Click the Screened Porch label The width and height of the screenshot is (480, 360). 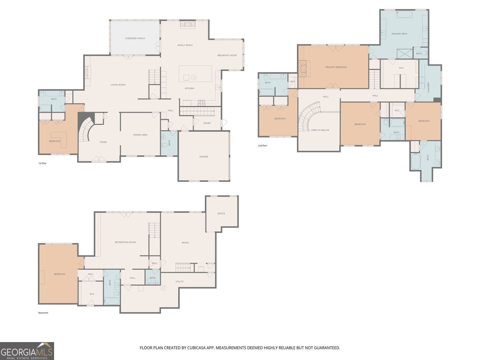click(135, 38)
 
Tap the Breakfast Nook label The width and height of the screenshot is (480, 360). click(227, 55)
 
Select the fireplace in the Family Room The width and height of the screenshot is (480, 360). click(188, 25)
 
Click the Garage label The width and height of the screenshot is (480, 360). click(204, 156)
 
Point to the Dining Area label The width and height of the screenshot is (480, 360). click(140, 135)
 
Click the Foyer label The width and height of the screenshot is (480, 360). click(103, 142)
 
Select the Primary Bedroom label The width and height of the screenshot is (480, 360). click(336, 67)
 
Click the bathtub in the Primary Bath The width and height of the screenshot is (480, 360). click(404, 14)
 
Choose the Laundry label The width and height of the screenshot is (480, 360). click(428, 87)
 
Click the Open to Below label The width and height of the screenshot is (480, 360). click(320, 130)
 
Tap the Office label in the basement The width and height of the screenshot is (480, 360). click(221, 213)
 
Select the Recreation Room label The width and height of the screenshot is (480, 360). click(125, 242)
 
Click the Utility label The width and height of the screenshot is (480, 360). click(179, 282)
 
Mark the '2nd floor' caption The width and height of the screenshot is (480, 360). click(262, 146)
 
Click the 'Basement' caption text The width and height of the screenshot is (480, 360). click(43, 313)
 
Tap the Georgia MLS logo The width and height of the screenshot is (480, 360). click(27, 351)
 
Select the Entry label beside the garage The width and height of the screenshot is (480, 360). click(207, 123)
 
